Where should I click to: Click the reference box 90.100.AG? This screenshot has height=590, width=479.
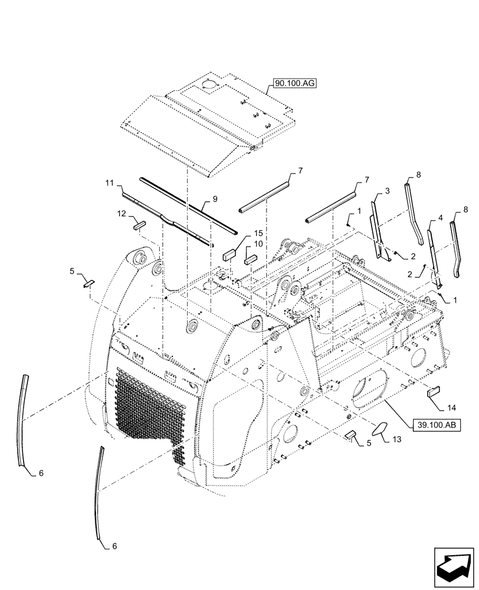pos(295,84)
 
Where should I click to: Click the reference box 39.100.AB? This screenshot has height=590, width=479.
pos(436,426)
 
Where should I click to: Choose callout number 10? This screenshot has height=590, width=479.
pos(259,245)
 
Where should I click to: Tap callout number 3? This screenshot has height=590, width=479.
pos(387,191)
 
